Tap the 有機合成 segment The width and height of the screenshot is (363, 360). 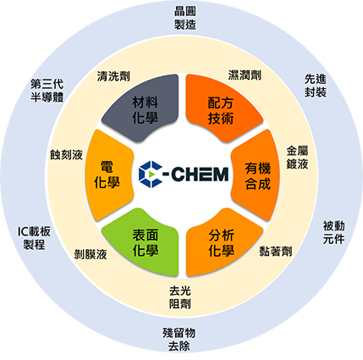(256, 175)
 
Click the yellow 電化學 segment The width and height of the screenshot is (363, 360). (107, 175)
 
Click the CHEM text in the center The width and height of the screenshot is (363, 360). (200, 174)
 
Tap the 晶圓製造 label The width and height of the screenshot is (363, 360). (184, 18)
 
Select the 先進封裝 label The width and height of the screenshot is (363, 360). (316, 86)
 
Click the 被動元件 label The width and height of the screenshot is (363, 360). (333, 232)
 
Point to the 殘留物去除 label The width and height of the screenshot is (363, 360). (179, 340)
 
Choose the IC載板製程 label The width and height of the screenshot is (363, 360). (34, 238)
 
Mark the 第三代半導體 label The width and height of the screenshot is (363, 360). (47, 91)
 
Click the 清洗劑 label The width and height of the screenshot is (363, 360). (113, 76)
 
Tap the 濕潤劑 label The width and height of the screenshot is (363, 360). (245, 75)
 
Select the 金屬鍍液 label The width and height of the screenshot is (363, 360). (297, 158)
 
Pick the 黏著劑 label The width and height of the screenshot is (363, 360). (276, 252)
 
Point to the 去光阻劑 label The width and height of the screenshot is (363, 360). (180, 297)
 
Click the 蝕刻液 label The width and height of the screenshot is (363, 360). (66, 154)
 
